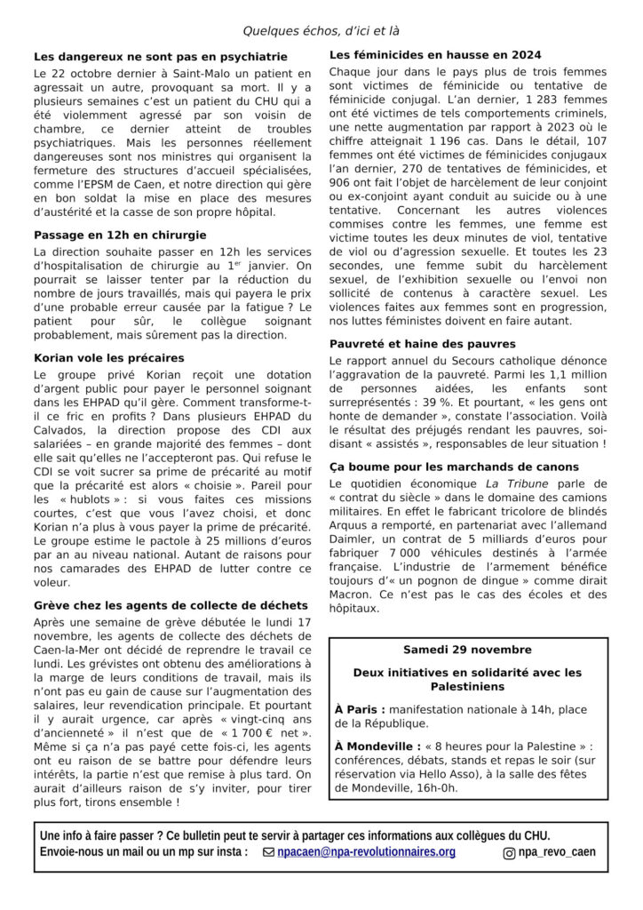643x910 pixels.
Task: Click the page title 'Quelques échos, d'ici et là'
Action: [x=321, y=31]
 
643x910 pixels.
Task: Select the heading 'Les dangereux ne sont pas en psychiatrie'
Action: [x=161, y=57]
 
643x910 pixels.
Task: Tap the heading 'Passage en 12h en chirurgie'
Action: [x=120, y=235]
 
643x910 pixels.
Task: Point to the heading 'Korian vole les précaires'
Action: [x=109, y=357]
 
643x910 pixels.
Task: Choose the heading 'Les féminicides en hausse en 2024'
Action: [x=435, y=55]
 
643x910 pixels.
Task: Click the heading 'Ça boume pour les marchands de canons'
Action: [x=454, y=467]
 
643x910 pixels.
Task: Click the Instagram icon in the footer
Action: [x=510, y=853]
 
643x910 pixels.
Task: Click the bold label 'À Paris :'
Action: [x=360, y=709]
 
